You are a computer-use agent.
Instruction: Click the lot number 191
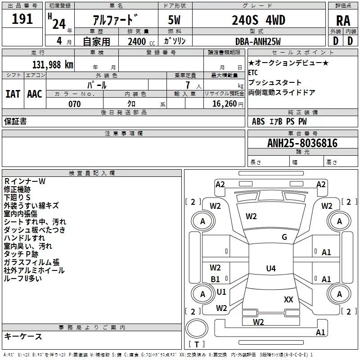(x=22, y=19)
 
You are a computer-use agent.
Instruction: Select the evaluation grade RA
(x=343, y=20)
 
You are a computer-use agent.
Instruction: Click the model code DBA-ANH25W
(x=258, y=41)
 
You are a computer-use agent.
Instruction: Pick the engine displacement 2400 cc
(x=137, y=41)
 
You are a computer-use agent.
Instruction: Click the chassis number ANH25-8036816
(x=296, y=143)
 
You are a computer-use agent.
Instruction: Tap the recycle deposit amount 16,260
(x=224, y=104)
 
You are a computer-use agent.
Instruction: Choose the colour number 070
(x=74, y=104)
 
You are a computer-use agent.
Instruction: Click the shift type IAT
(x=13, y=94)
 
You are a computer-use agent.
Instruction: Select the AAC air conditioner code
(x=35, y=94)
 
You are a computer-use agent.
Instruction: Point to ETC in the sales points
(x=254, y=72)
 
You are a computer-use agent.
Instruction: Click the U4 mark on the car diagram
(x=270, y=269)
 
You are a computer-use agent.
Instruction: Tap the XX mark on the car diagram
(x=288, y=299)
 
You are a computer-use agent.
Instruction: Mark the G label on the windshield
(x=284, y=237)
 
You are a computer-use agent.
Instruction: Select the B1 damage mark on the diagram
(x=216, y=279)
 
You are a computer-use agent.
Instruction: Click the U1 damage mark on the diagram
(x=221, y=292)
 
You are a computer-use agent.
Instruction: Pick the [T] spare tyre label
(x=197, y=345)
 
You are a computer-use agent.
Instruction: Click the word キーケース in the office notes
(x=23, y=337)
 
